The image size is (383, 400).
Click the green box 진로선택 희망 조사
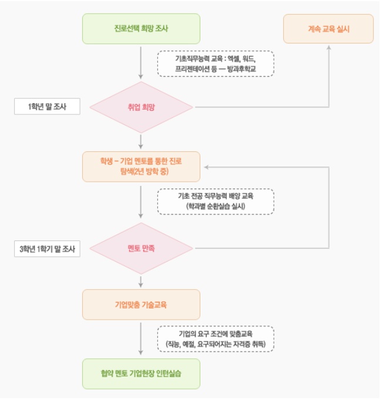click(x=141, y=28)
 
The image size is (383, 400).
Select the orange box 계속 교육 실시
click(x=328, y=28)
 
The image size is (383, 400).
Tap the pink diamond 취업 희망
click(x=141, y=107)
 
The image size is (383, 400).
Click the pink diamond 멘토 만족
click(x=141, y=248)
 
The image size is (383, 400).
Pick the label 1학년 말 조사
click(x=47, y=107)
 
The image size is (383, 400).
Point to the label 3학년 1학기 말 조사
click(x=47, y=249)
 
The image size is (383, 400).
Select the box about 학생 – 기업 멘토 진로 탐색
click(x=141, y=167)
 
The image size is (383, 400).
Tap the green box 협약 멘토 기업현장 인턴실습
click(x=141, y=373)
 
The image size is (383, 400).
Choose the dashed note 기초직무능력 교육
click(x=216, y=63)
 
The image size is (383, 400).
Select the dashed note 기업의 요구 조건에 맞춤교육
click(x=216, y=338)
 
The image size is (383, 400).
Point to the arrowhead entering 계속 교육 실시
click(x=328, y=47)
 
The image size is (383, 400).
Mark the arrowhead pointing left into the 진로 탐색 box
click(x=205, y=167)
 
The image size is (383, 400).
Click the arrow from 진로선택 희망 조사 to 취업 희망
click(x=141, y=62)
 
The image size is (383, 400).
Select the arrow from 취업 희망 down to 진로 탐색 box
click(x=141, y=141)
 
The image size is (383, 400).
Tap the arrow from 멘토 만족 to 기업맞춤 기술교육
click(x=141, y=280)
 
